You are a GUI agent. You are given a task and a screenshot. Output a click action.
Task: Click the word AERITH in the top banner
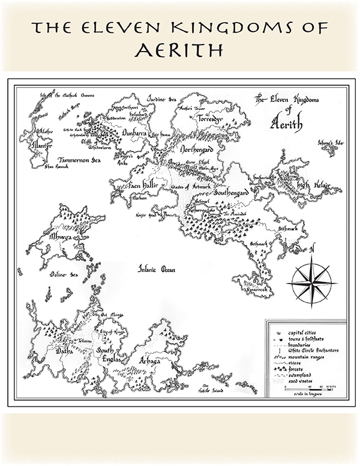179,49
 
